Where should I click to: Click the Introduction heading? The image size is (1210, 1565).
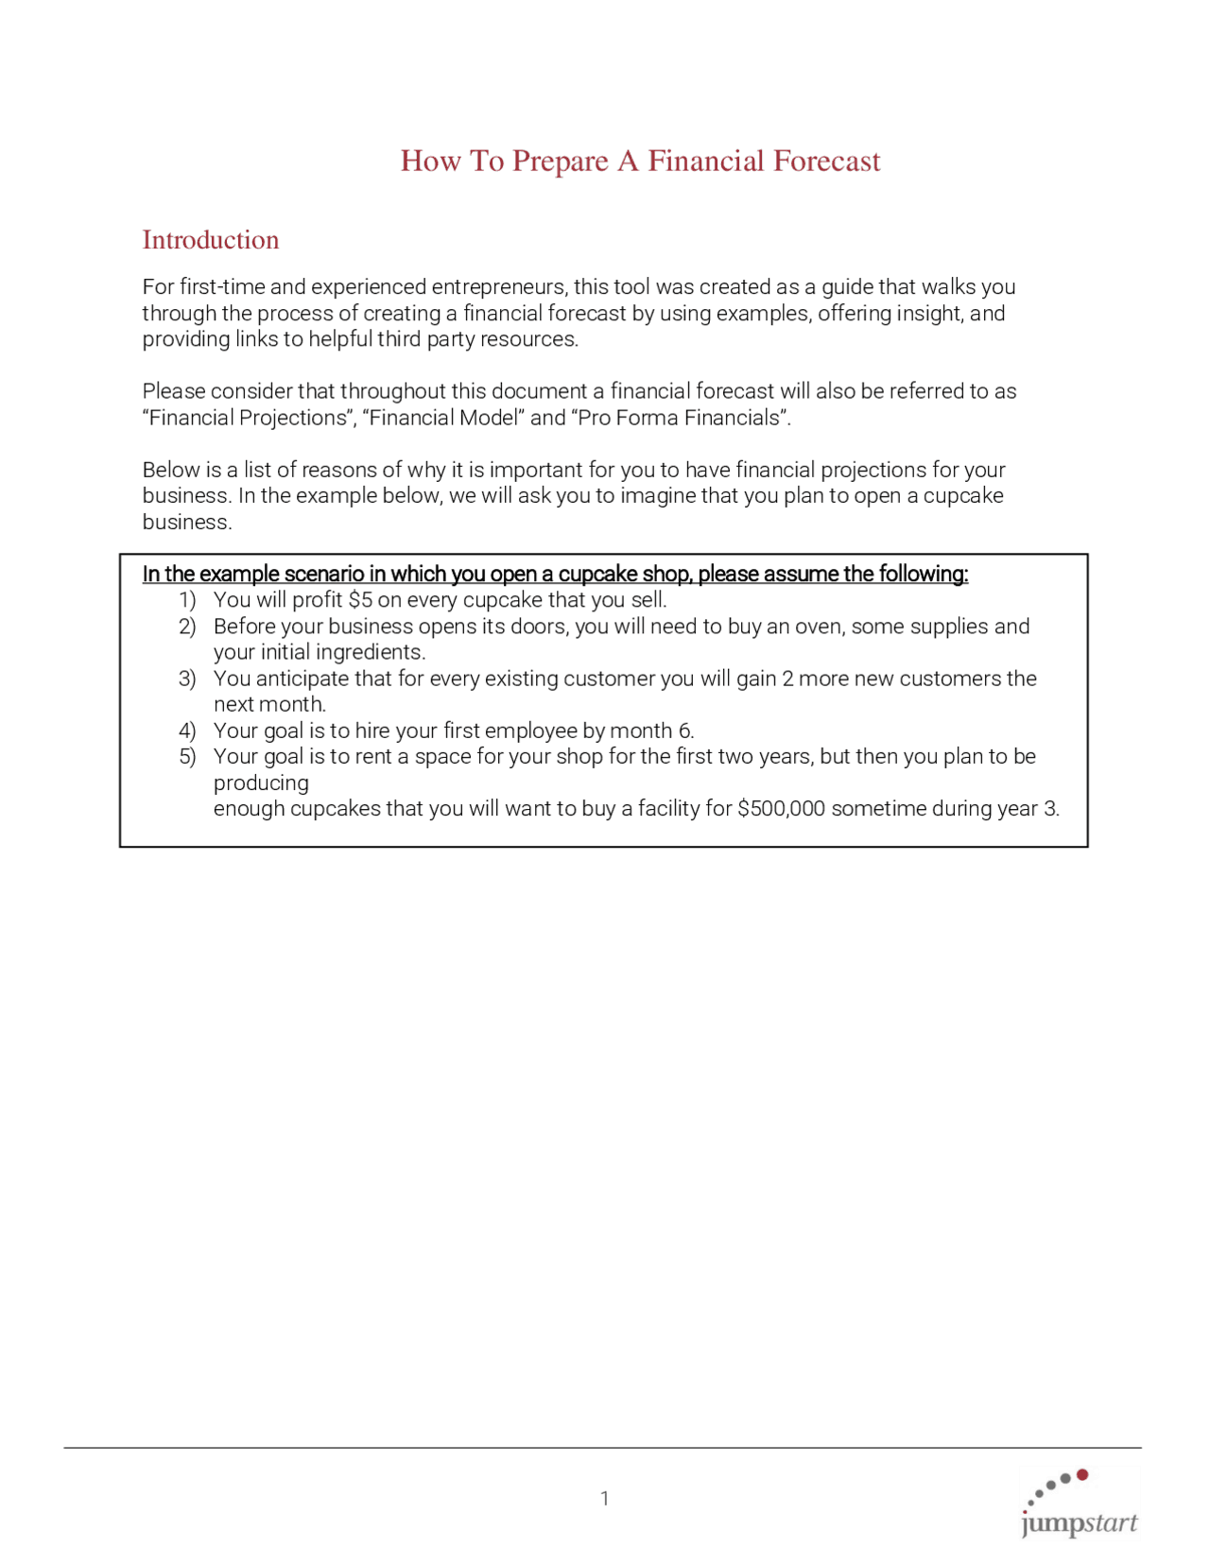coord(210,240)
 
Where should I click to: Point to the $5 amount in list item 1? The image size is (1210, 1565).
coord(360,600)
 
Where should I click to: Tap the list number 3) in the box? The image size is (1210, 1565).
coord(187,679)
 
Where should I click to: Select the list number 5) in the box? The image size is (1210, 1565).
coord(187,757)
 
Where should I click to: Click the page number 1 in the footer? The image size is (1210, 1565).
coord(604,1498)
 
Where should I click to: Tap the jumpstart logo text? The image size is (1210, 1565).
coord(1079,1523)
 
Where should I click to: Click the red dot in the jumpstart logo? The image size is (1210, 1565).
coord(1082,1474)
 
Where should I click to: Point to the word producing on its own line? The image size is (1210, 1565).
coord(261,783)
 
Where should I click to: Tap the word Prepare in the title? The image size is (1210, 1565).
coord(560,162)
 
